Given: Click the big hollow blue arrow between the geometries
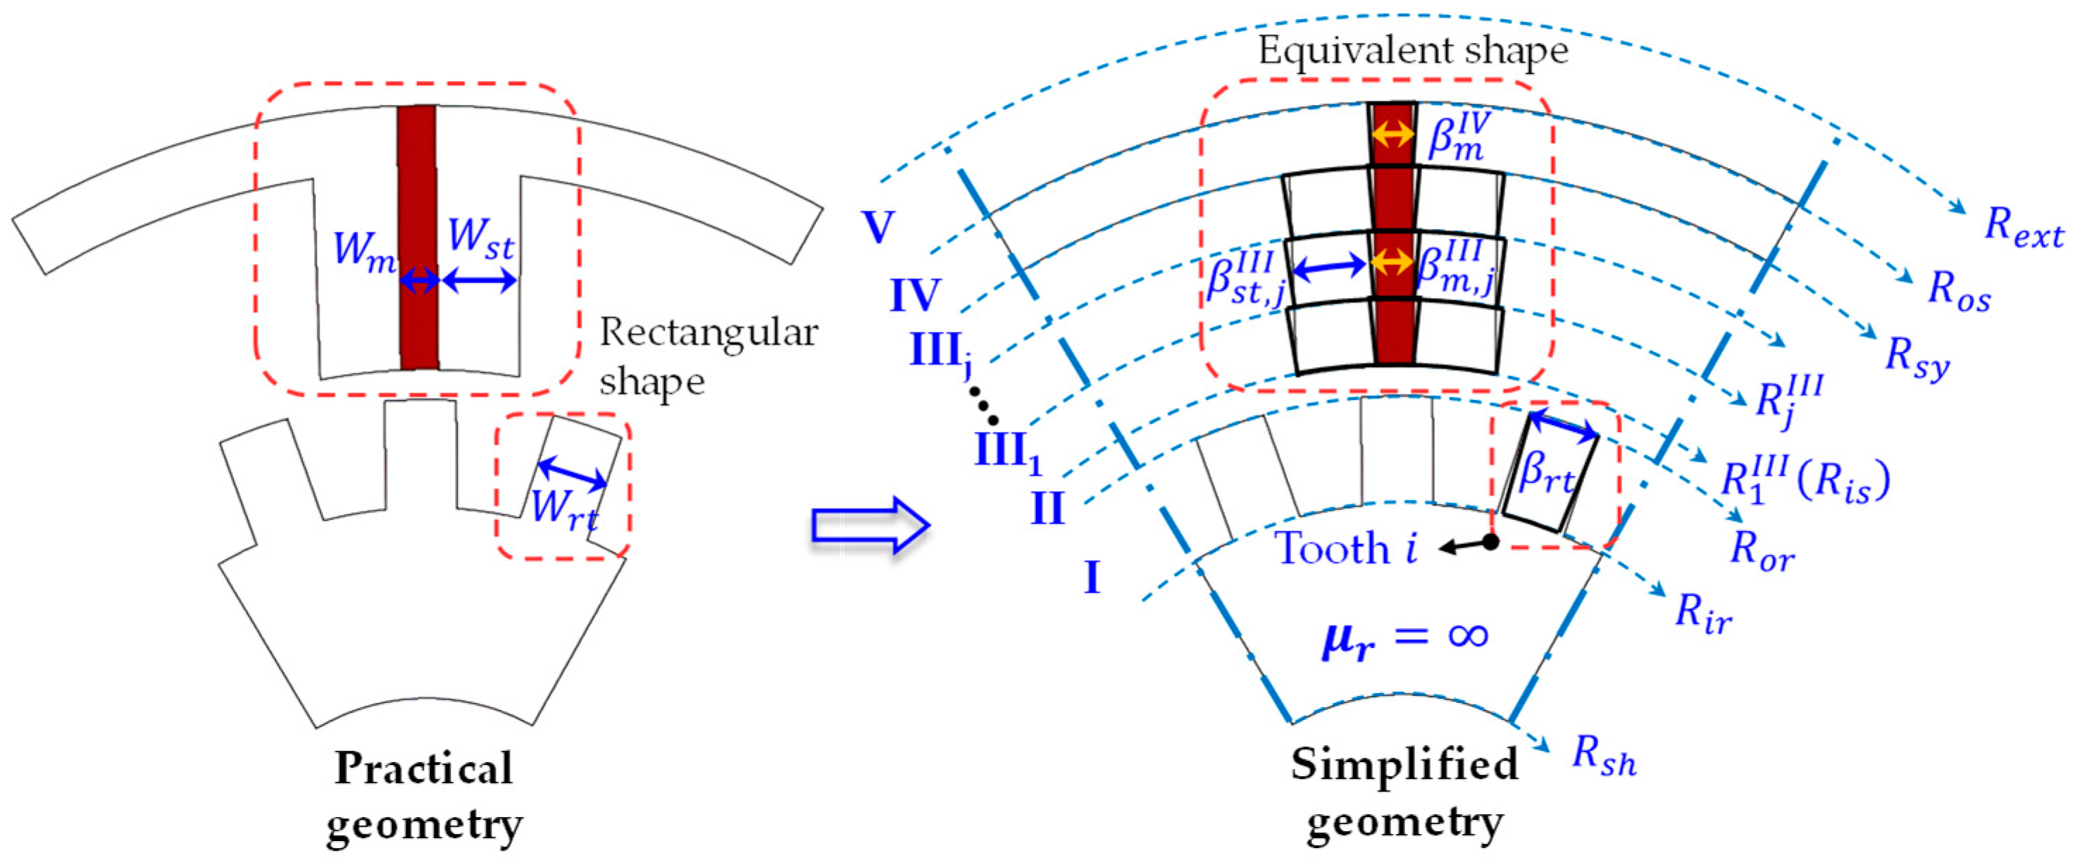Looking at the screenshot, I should [x=870, y=525].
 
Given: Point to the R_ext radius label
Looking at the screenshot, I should [x=2023, y=226].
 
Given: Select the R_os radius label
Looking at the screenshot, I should [x=1958, y=290].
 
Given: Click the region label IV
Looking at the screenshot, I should [x=914, y=296].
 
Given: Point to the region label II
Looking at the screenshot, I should [x=1047, y=509].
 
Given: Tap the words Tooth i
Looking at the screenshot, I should [x=1345, y=549].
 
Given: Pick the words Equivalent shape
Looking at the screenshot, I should [x=1413, y=51].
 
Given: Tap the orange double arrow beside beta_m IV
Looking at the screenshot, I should [x=1392, y=134].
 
